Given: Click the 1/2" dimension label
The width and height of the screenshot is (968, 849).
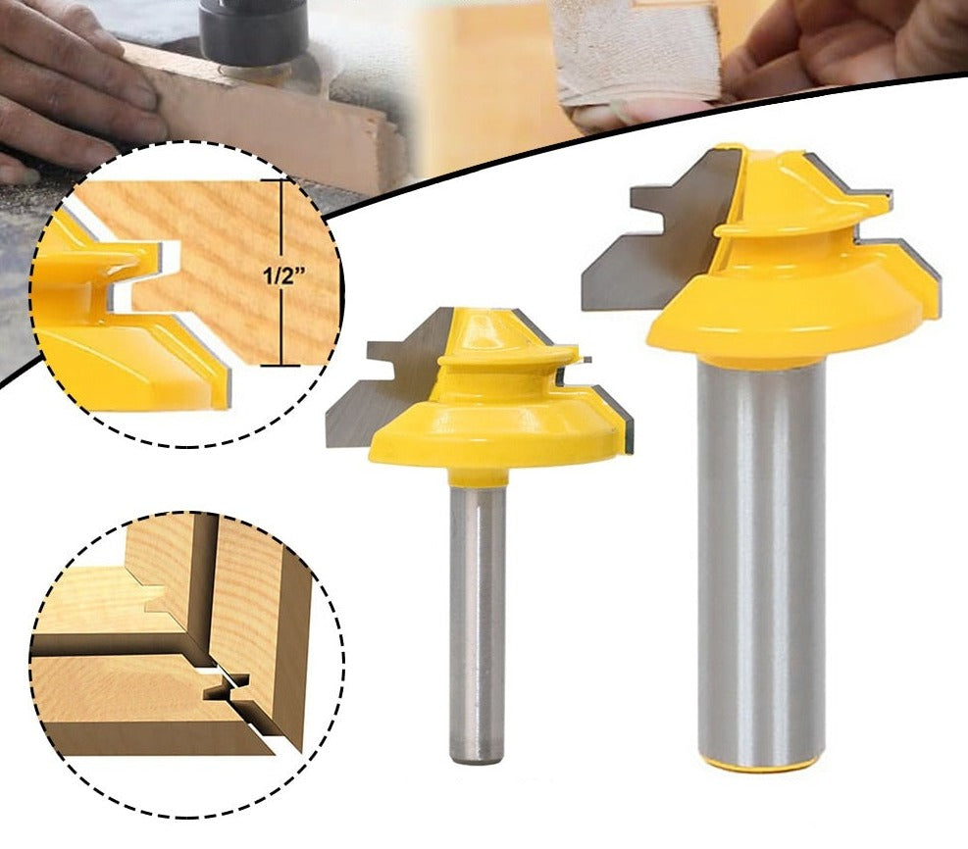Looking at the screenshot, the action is click(285, 275).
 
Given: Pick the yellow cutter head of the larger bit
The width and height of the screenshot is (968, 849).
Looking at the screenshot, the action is click(796, 266).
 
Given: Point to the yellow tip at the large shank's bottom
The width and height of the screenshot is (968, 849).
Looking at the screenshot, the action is click(761, 764).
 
